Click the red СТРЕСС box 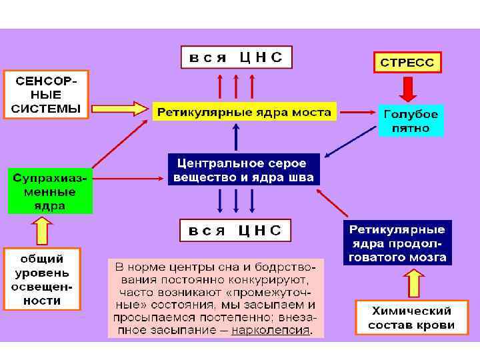[406, 62]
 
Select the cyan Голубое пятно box [411, 121]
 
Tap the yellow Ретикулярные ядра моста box [243, 112]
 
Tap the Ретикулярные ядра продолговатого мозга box [397, 243]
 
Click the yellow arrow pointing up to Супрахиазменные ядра [42, 231]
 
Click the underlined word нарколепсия [271, 330]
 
